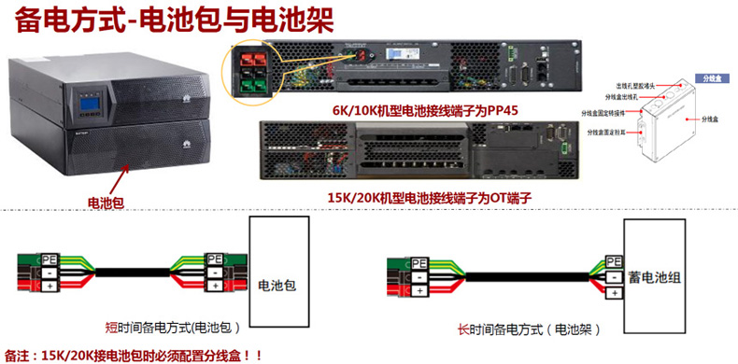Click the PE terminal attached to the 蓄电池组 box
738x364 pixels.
pos(614,260)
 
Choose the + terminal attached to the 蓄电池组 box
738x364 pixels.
pos(614,292)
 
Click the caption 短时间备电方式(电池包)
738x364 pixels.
pos(174,329)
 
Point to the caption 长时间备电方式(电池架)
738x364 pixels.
pos(527,329)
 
